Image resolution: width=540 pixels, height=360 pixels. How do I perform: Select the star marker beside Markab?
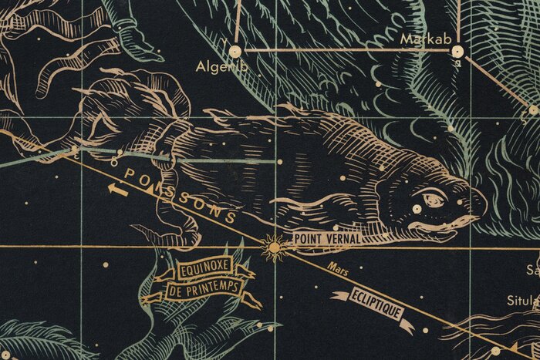click(457, 51)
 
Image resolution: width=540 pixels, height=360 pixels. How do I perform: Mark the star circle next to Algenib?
click(236, 52)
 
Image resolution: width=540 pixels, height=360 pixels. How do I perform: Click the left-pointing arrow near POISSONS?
click(117, 187)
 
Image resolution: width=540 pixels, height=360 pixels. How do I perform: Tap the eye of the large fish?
click(417, 207)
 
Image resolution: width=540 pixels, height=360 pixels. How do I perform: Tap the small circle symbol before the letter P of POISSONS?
click(113, 164)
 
